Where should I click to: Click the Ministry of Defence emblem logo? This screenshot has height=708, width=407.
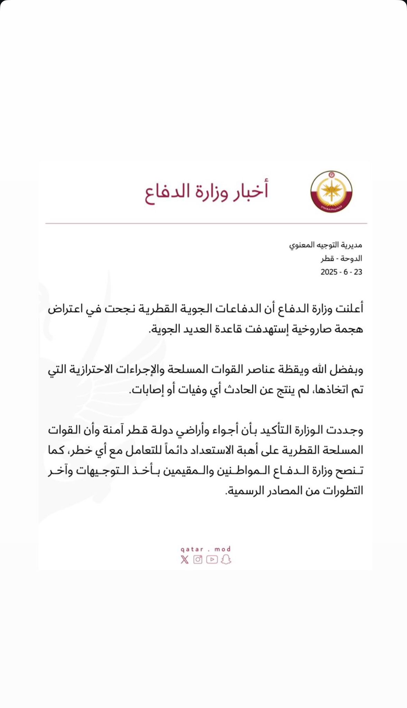pyautogui.click(x=331, y=192)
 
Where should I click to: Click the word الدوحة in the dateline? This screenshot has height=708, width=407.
pyautogui.click(x=350, y=259)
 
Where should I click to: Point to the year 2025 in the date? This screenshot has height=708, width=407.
pyautogui.click(x=329, y=272)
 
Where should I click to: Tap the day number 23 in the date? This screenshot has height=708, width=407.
pyautogui.click(x=358, y=272)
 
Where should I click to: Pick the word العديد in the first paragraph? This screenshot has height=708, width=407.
pyautogui.click(x=203, y=329)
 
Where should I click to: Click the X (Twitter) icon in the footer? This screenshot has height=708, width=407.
pyautogui.click(x=184, y=560)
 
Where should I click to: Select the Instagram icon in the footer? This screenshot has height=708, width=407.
pyautogui.click(x=198, y=559)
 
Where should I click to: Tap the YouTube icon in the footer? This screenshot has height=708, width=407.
pyautogui.click(x=212, y=559)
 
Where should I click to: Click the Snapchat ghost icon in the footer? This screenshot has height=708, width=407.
pyautogui.click(x=226, y=559)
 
